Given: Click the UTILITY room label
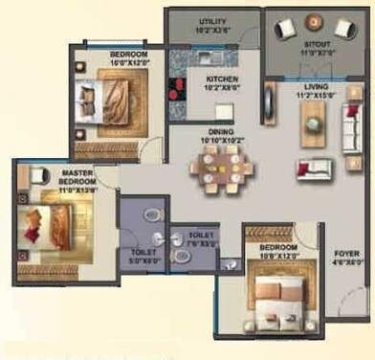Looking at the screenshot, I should (211, 21).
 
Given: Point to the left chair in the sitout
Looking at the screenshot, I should (284, 30).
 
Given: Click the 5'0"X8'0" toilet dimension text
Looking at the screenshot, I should (143, 259).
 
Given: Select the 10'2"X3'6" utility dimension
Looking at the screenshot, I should (211, 29).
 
